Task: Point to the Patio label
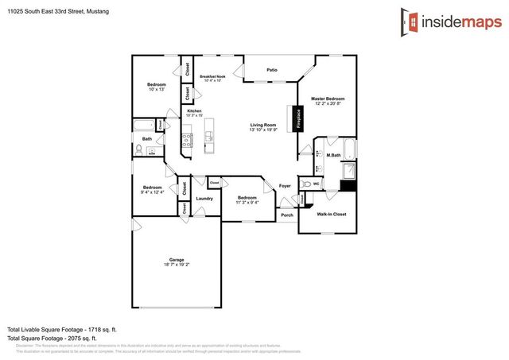click(272, 71)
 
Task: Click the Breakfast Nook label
click(214, 77)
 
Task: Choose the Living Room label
click(263, 125)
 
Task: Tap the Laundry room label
click(204, 198)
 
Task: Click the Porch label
click(286, 215)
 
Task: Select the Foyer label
click(285, 186)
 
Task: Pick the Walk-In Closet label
click(332, 215)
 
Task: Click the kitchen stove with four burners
click(188, 141)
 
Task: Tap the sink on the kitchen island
click(210, 137)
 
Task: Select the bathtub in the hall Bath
click(144, 125)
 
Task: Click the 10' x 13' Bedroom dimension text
click(156, 90)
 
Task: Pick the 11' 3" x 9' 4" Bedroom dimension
click(247, 203)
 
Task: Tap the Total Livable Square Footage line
click(62, 328)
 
